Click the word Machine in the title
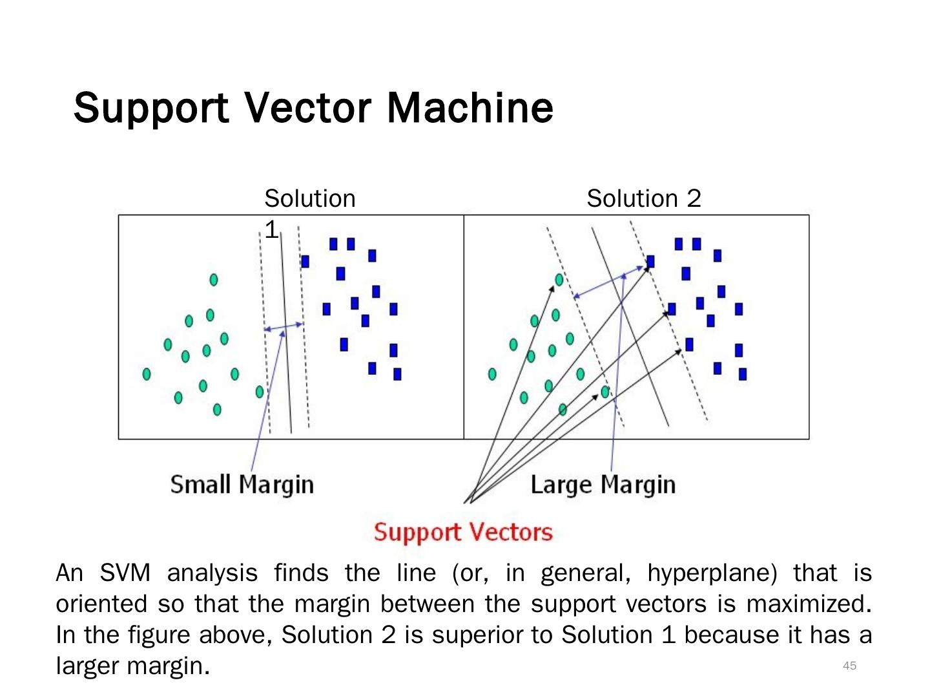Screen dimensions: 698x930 pyautogui.click(x=470, y=107)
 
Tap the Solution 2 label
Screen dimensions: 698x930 pyautogui.click(x=643, y=198)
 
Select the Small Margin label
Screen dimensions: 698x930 pyautogui.click(x=242, y=484)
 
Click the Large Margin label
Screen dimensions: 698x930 pyautogui.click(x=603, y=484)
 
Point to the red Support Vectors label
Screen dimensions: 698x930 pyautogui.click(x=463, y=532)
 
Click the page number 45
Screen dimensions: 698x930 pyautogui.click(x=849, y=666)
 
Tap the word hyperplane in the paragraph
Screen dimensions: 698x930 pyautogui.click(x=712, y=573)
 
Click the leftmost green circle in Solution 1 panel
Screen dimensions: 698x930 pyautogui.click(x=147, y=374)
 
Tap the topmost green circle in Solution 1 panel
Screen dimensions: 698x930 pyautogui.click(x=214, y=279)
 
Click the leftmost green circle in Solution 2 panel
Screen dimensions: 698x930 pyautogui.click(x=492, y=374)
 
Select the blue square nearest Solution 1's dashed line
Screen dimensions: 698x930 pyautogui.click(x=305, y=261)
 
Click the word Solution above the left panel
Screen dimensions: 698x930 pyautogui.click(x=309, y=198)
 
